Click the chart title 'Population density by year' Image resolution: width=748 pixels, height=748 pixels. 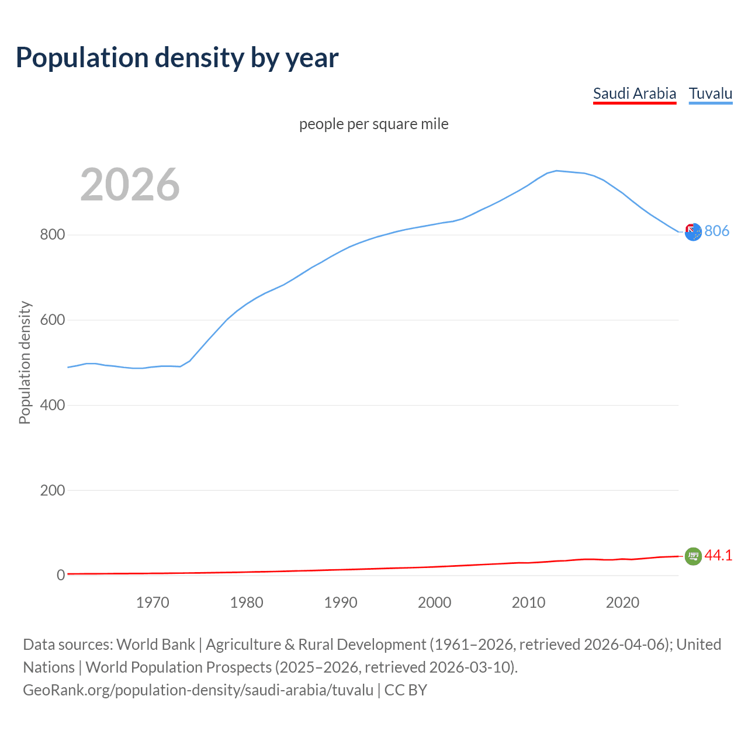click(177, 58)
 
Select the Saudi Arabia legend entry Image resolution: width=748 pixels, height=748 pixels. click(635, 93)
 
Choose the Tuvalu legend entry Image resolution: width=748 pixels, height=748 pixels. click(711, 93)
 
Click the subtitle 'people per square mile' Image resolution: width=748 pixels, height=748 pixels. click(374, 124)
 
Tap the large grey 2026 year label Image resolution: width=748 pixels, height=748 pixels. click(130, 185)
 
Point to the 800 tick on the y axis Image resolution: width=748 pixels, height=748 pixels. click(52, 235)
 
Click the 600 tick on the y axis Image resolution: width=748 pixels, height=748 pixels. click(52, 320)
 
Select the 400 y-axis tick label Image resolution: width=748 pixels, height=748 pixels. click(52, 405)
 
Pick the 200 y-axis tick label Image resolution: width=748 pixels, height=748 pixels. click(52, 490)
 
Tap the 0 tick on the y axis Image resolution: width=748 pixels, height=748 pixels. click(60, 576)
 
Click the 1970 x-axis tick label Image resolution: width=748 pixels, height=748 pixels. click(153, 602)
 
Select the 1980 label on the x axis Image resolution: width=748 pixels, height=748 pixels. click(247, 602)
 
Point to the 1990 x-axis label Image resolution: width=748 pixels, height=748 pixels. click(341, 602)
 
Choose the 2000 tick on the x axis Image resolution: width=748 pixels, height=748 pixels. click(435, 602)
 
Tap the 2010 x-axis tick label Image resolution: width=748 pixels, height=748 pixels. click(529, 602)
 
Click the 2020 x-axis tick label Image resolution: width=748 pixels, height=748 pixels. click(623, 602)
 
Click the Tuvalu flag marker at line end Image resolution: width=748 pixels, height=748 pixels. click(693, 232)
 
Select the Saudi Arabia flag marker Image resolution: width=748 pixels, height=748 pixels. click(693, 556)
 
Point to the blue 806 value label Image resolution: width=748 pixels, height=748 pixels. click(717, 231)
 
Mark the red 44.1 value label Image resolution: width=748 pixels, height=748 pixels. click(718, 556)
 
